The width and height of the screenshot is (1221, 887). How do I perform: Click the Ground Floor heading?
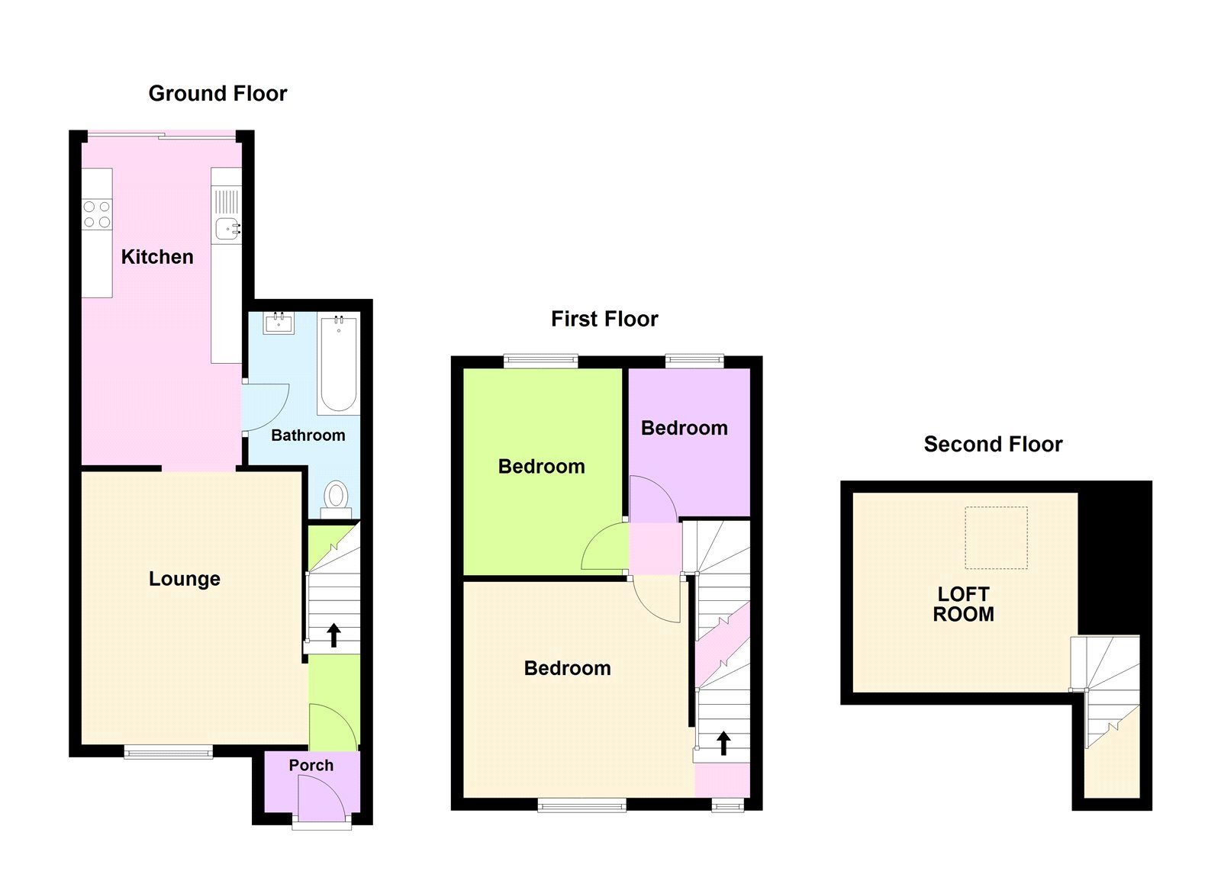[217, 93]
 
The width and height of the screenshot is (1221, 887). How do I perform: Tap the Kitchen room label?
[157, 257]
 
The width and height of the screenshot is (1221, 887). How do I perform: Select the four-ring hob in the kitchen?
[97, 214]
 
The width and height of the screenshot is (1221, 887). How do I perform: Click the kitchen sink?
[227, 228]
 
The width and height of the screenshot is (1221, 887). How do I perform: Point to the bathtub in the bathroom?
[339, 365]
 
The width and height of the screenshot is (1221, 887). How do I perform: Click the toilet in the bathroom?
[336, 495]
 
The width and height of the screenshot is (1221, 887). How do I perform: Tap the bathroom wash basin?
[279, 323]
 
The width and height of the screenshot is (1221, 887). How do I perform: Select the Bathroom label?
[308, 435]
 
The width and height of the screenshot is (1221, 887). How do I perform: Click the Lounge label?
[184, 579]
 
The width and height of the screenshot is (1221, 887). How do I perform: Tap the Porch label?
[311, 765]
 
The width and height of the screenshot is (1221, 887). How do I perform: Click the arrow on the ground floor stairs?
[333, 635]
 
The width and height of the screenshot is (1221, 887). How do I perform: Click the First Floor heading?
[604, 319]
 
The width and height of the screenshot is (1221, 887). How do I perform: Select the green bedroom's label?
[541, 467]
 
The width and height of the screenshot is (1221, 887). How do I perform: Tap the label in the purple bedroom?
[684, 429]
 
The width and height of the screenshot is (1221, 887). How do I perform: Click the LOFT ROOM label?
[963, 604]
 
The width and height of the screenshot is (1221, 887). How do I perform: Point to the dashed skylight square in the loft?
[996, 538]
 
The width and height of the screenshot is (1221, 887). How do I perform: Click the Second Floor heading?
[993, 444]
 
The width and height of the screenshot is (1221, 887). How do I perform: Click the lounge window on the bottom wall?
[169, 752]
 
